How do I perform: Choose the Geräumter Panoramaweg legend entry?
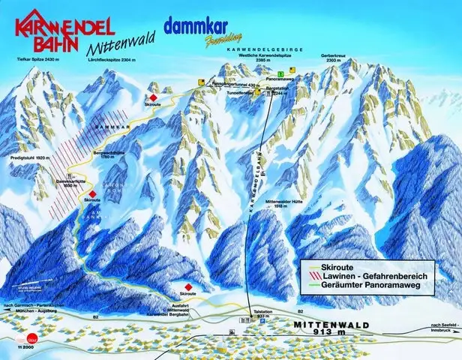(x=364, y=286)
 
